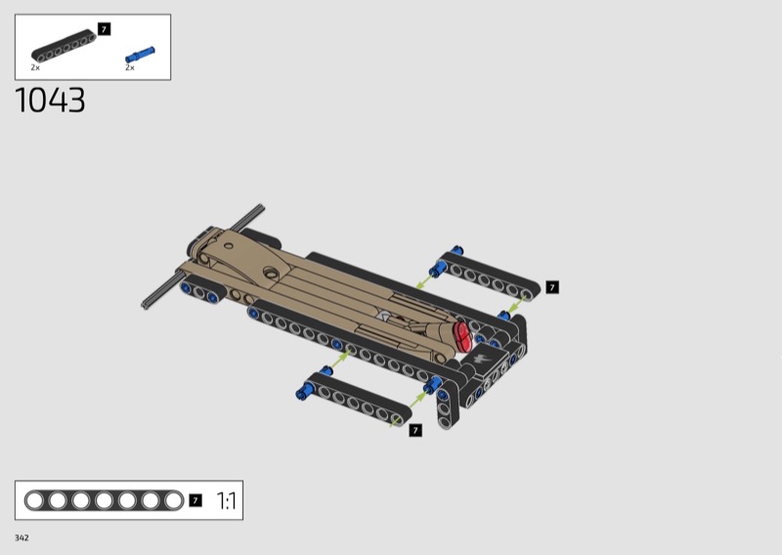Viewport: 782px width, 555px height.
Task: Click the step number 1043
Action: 50,101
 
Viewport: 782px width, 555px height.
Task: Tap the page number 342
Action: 22,537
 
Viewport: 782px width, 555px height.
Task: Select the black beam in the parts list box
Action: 64,46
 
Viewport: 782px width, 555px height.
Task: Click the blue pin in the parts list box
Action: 140,55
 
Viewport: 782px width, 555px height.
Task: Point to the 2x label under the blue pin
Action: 130,67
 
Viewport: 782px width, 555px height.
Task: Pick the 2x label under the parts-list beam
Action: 35,67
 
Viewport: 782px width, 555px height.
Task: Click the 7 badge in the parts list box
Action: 104,29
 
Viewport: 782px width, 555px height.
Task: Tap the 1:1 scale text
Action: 227,500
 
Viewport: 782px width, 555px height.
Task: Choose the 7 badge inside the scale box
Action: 195,500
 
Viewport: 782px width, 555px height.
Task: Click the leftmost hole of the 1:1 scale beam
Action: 34,500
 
